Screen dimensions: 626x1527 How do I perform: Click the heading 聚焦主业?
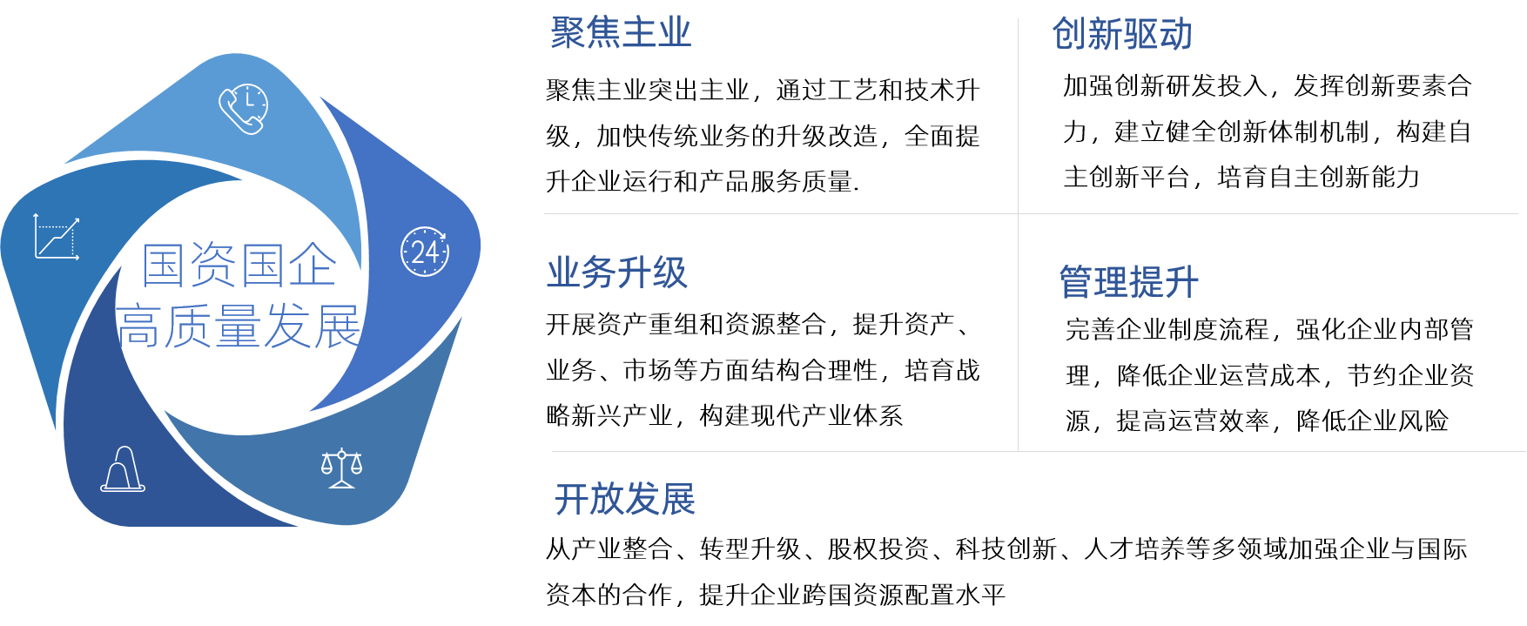(621, 34)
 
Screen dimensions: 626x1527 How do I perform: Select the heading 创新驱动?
(1121, 35)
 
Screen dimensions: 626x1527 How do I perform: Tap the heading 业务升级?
(616, 273)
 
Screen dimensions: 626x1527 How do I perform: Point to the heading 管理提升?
(1128, 282)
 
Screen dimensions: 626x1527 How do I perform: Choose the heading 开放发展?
(624, 500)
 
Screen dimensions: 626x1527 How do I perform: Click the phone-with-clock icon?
(243, 109)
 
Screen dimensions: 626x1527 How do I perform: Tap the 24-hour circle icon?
(425, 252)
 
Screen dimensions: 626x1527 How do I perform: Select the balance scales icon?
(341, 468)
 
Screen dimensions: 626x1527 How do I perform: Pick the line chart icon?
(57, 237)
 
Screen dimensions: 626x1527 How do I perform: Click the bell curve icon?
(123, 469)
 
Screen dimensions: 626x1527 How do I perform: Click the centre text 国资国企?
(239, 266)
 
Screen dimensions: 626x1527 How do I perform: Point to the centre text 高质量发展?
(239, 326)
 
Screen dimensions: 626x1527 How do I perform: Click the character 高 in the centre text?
(140, 326)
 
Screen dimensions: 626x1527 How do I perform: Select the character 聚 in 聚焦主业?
(568, 34)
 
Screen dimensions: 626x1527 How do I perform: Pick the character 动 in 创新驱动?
(1175, 35)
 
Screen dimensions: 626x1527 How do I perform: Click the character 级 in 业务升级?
(670, 273)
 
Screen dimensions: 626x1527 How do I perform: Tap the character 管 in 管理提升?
(1076, 282)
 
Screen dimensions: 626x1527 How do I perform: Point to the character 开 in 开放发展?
(572, 500)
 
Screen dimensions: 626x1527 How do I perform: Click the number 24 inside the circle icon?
(425, 252)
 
